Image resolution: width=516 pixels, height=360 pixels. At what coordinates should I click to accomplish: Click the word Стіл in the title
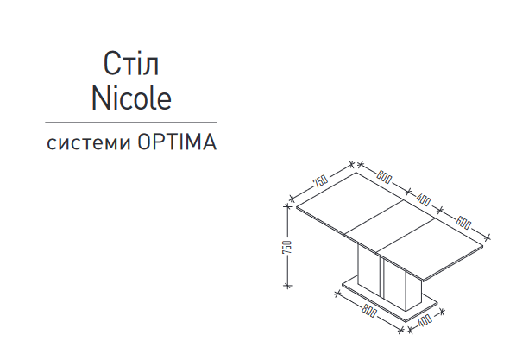pyautogui.click(x=131, y=63)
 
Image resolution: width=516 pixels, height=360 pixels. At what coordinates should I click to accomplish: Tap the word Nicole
pyautogui.click(x=131, y=98)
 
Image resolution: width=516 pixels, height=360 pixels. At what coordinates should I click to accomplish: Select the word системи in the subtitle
pyautogui.click(x=89, y=143)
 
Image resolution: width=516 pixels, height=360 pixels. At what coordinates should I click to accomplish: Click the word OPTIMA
pyautogui.click(x=177, y=142)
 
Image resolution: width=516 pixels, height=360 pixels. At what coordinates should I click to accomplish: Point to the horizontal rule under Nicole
pyautogui.click(x=131, y=123)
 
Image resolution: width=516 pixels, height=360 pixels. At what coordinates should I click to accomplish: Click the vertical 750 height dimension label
pyautogui.click(x=287, y=247)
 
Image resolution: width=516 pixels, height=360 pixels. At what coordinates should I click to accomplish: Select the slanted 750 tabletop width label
pyautogui.click(x=320, y=180)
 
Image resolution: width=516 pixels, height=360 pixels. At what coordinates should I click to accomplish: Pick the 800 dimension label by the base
pyautogui.click(x=368, y=311)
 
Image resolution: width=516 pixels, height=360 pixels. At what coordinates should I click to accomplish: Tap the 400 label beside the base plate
pyautogui.click(x=425, y=319)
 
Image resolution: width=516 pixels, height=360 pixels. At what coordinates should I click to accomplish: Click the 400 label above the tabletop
pyautogui.click(x=424, y=199)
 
